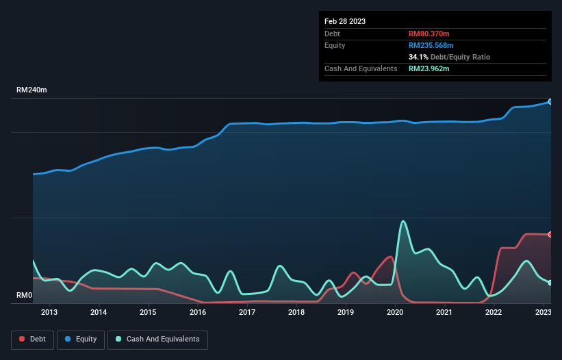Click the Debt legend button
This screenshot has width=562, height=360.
(32, 339)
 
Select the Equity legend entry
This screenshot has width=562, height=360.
(81, 339)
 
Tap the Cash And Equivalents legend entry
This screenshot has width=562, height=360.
(157, 339)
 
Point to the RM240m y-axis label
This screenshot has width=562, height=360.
(31, 90)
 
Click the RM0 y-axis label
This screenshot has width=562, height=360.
(24, 296)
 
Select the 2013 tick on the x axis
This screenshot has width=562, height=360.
(49, 313)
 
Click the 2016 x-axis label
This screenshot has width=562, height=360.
(198, 313)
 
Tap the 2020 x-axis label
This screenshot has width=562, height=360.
(395, 313)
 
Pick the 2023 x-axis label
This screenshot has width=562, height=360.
(543, 313)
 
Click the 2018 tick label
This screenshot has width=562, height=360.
(296, 313)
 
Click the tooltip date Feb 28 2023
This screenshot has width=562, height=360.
(345, 21)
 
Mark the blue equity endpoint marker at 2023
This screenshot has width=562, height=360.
(550, 101)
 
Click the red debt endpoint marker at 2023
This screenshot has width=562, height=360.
(550, 234)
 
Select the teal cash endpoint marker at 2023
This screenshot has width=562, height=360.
(550, 282)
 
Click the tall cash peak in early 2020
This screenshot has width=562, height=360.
(403, 221)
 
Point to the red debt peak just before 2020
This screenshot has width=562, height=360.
(390, 257)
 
